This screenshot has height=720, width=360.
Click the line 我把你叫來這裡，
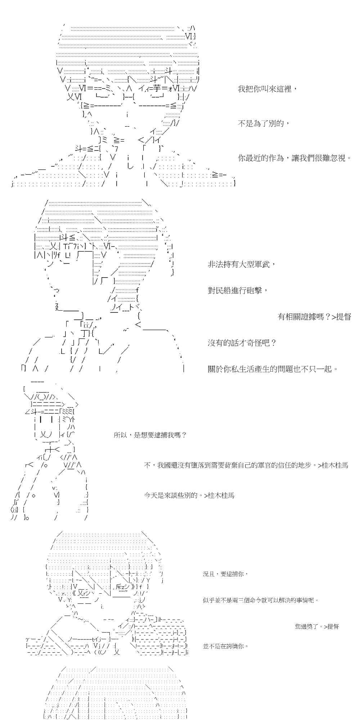coord(268,89)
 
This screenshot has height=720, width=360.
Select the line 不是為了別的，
coord(264,123)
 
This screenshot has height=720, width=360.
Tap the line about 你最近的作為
coord(294,158)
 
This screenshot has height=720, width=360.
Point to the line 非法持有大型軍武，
coord(242,265)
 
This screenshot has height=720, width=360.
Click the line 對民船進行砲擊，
coord(238,291)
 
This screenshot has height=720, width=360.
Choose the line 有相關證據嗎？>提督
coord(314,317)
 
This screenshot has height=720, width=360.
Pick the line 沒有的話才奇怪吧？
coord(242,343)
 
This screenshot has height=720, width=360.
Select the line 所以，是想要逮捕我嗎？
coord(150,435)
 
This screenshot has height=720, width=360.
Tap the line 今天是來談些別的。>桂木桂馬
coord(189,495)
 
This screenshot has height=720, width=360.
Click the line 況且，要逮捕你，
coord(225,574)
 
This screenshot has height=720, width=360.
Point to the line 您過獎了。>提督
coord(317,626)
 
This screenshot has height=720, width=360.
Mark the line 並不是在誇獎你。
coord(226,646)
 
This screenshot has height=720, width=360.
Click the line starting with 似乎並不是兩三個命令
coord(261,600)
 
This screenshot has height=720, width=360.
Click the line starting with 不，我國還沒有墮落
coord(246,465)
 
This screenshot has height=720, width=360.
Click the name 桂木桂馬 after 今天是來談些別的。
coord(221,495)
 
